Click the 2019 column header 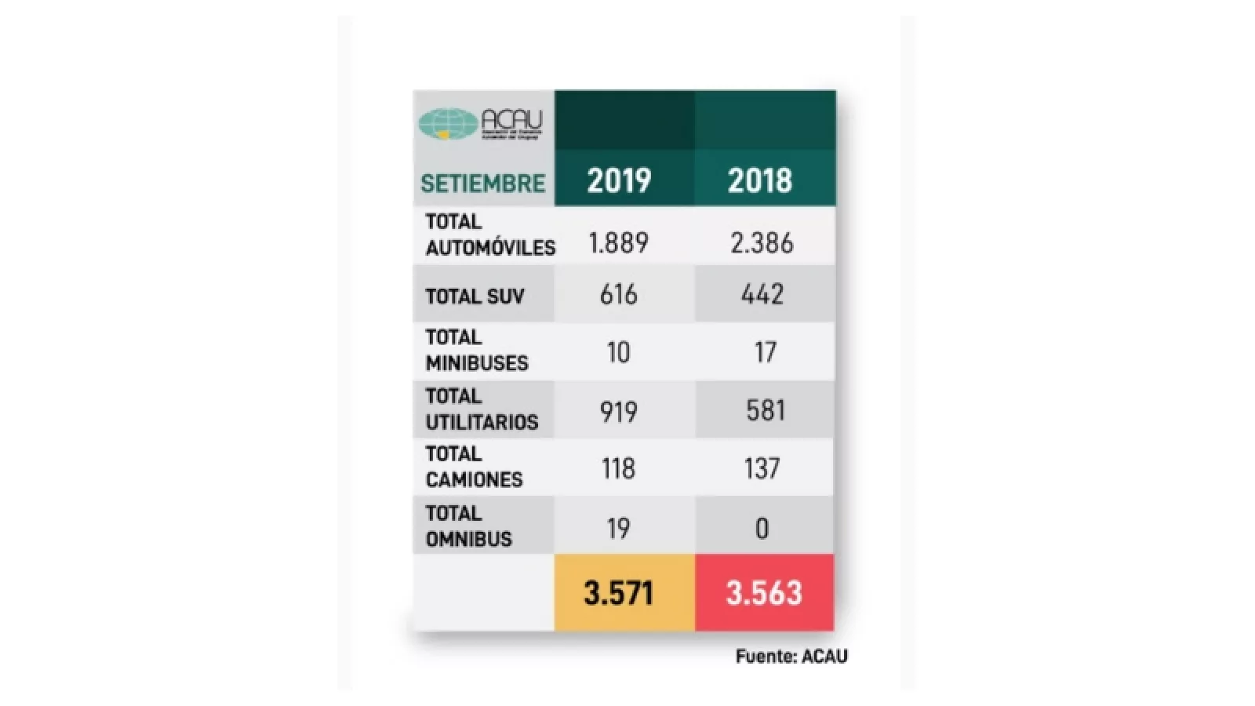coord(619,180)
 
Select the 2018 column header coord(759,180)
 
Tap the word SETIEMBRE coord(482,184)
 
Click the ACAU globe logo coord(448,124)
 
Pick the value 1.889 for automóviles coord(619,243)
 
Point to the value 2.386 coord(762,243)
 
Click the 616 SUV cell coord(619,294)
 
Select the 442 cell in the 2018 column coord(762,294)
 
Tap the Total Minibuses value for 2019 coord(619,352)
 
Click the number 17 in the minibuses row coord(765,352)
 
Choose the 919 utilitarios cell coord(619,411)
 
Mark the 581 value coord(765,410)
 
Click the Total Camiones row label coord(474,467)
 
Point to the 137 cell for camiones coord(762,468)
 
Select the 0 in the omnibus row coord(762,529)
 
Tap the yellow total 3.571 coord(619,593)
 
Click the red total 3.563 coord(764,593)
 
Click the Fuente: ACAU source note coord(791,657)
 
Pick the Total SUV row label coord(475,297)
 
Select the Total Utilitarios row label coord(482,409)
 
